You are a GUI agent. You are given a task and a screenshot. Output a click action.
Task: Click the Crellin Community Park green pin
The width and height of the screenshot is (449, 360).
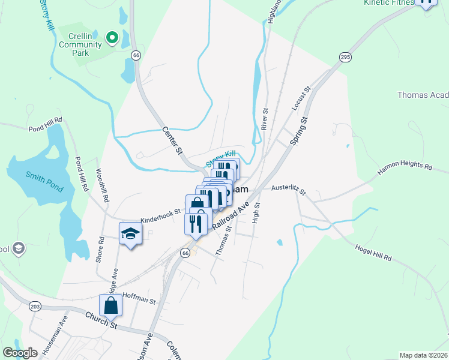coord(111,38)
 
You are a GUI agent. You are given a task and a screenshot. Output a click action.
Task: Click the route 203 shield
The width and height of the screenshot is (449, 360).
coord(35,306)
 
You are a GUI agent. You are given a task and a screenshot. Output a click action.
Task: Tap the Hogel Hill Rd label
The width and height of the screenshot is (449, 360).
coord(373,253)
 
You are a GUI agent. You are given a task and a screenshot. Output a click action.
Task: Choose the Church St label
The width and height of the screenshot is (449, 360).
coord(101,320)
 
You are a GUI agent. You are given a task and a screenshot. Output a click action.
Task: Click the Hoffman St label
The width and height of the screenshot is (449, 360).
coord(139,296)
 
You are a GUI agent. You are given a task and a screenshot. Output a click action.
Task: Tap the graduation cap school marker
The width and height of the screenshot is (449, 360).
coord(130,233)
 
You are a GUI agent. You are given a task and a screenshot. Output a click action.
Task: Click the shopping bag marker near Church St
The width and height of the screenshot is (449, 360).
coord(111,306)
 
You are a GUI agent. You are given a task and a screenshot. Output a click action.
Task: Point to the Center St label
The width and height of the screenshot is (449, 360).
coord(172,139)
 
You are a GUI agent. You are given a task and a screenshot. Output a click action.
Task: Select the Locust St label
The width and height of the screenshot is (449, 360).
coord(301,98)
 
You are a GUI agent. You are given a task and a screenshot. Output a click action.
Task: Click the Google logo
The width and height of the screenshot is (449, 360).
coord(20,353)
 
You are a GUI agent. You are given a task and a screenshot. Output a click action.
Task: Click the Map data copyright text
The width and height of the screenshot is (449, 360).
coord(423,355)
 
